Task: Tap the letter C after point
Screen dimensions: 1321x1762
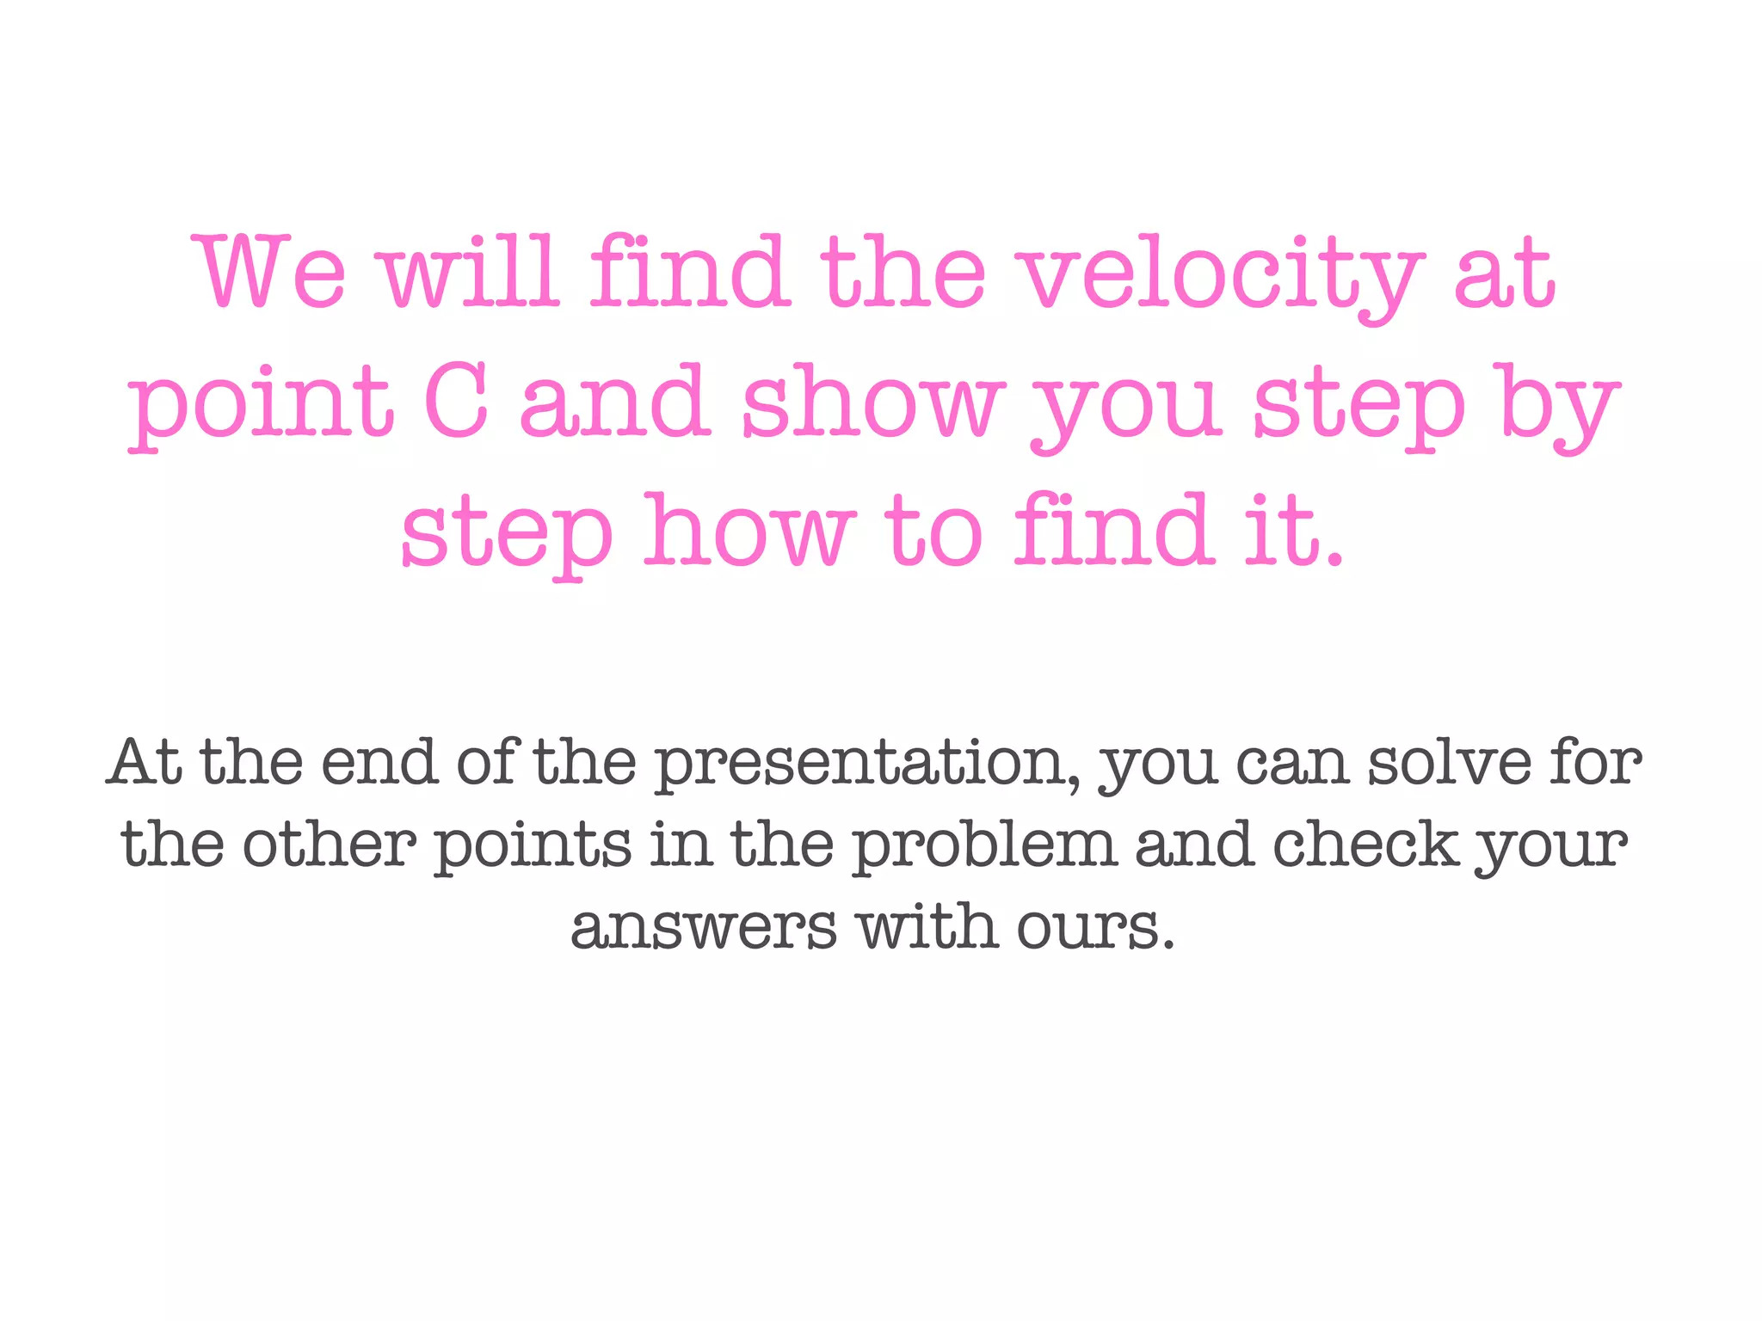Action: pos(455,401)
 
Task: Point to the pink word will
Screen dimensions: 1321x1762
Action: pos(471,273)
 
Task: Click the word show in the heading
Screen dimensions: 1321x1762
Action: pos(872,401)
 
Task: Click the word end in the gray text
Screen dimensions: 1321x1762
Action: pos(379,764)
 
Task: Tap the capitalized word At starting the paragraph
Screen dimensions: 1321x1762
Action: pos(145,764)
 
